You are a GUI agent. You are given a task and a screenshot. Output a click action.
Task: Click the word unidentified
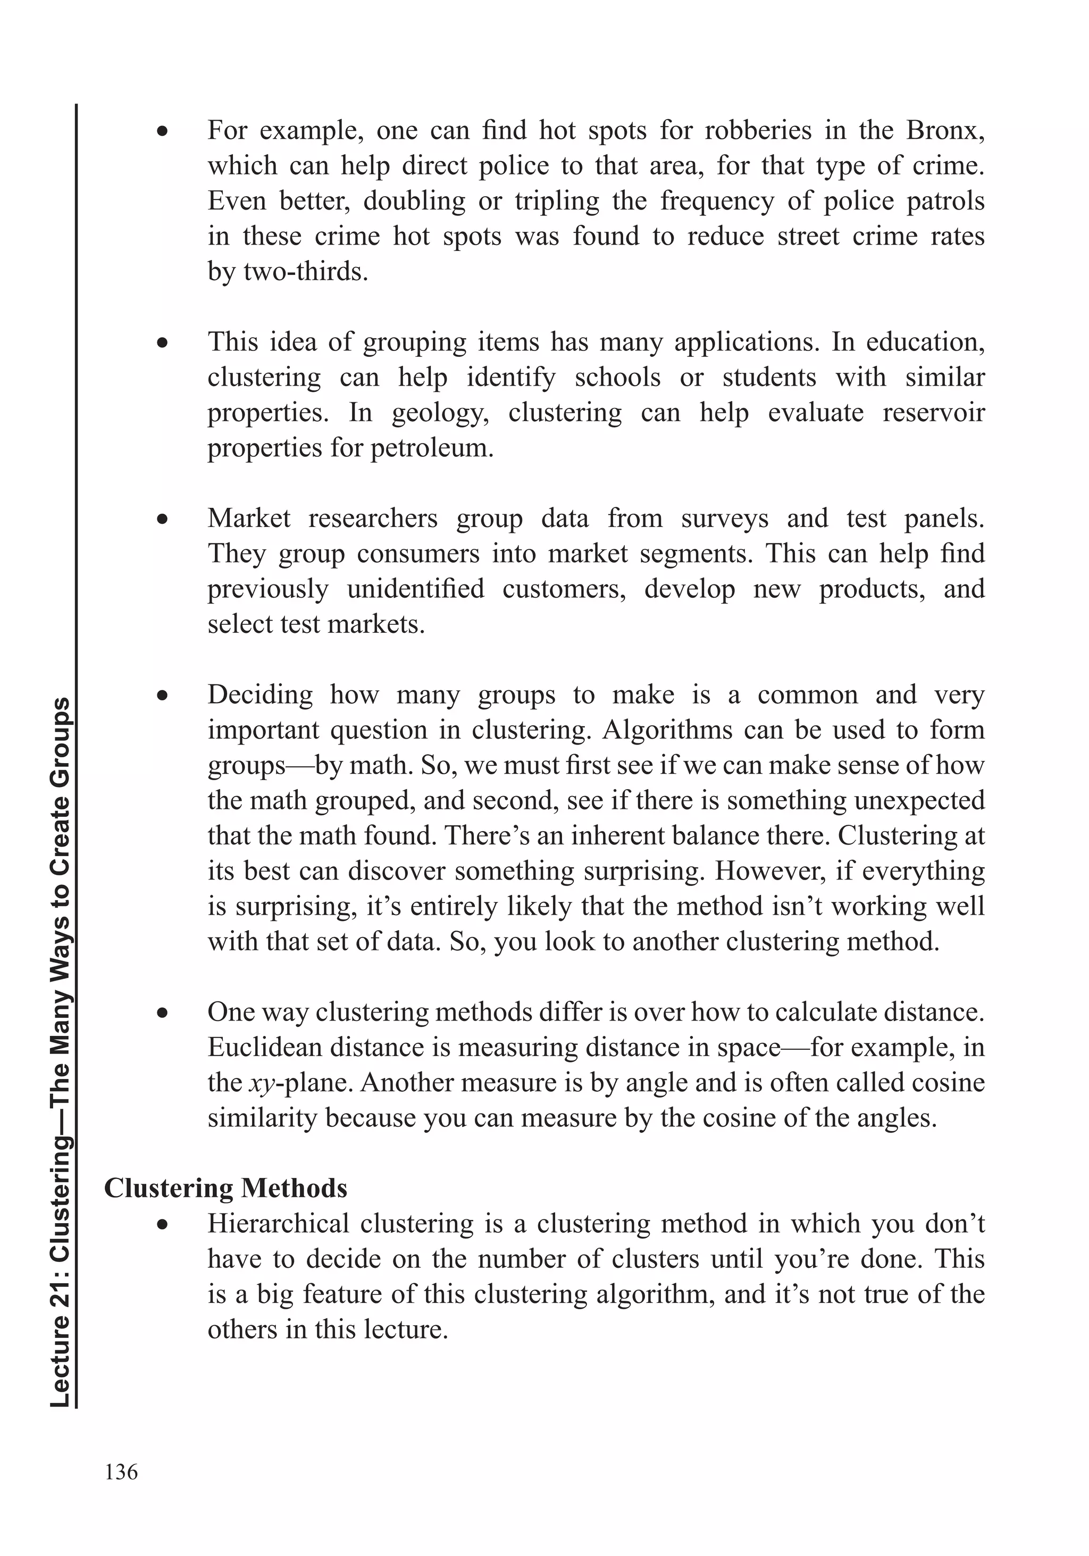415,589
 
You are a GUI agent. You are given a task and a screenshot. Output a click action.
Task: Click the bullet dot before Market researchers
162,520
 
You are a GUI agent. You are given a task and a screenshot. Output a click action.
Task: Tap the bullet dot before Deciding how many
162,696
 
